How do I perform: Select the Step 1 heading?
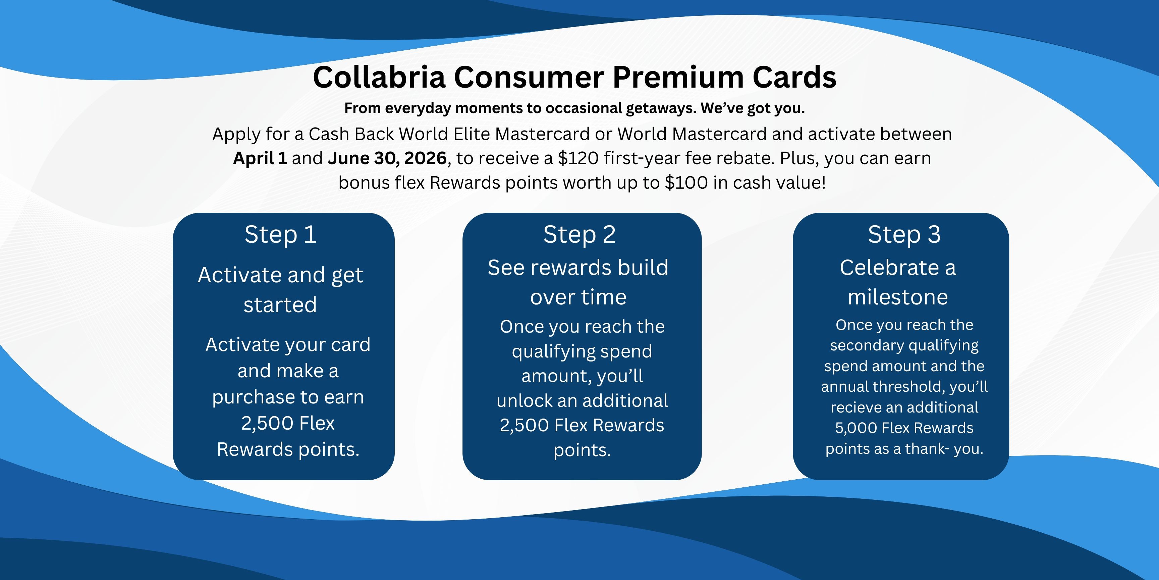[x=281, y=235]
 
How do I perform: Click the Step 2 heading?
[x=579, y=235]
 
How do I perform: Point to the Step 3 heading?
[x=904, y=235]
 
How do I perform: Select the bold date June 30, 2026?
[x=387, y=158]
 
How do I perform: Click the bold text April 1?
[x=260, y=158]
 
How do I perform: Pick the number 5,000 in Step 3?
[x=856, y=428]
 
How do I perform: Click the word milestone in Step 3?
[x=898, y=297]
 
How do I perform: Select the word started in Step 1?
[x=280, y=305]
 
